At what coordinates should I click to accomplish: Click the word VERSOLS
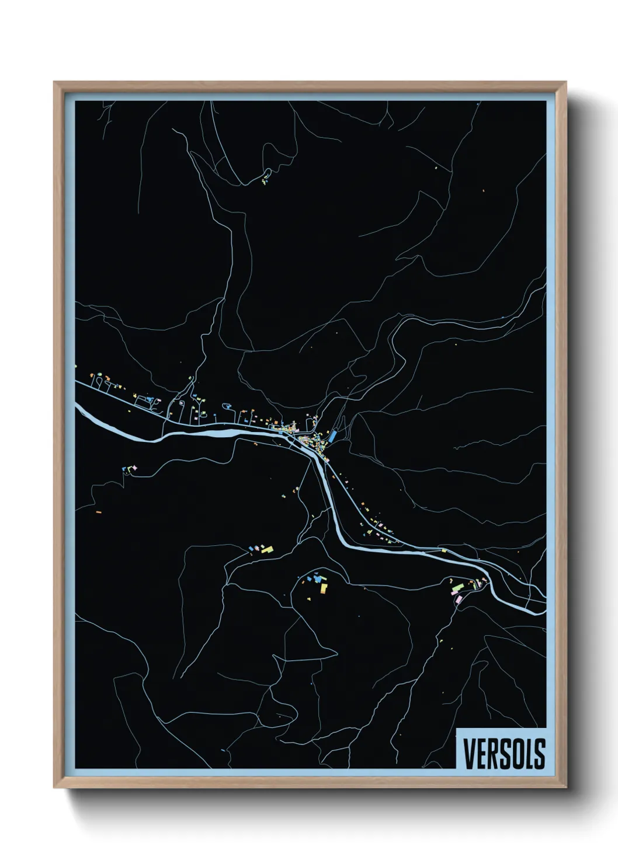click(x=504, y=753)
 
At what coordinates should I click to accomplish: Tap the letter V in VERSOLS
click(x=468, y=753)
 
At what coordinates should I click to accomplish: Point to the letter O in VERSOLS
click(x=516, y=753)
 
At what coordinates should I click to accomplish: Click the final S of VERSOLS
click(x=539, y=753)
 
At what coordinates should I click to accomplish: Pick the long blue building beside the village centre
click(x=332, y=436)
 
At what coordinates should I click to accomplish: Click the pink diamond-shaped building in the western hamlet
click(x=132, y=468)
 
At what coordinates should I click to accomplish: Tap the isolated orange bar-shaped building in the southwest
click(x=98, y=512)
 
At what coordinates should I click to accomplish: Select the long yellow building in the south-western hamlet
click(x=267, y=549)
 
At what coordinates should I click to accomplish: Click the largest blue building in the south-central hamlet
click(x=317, y=578)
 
